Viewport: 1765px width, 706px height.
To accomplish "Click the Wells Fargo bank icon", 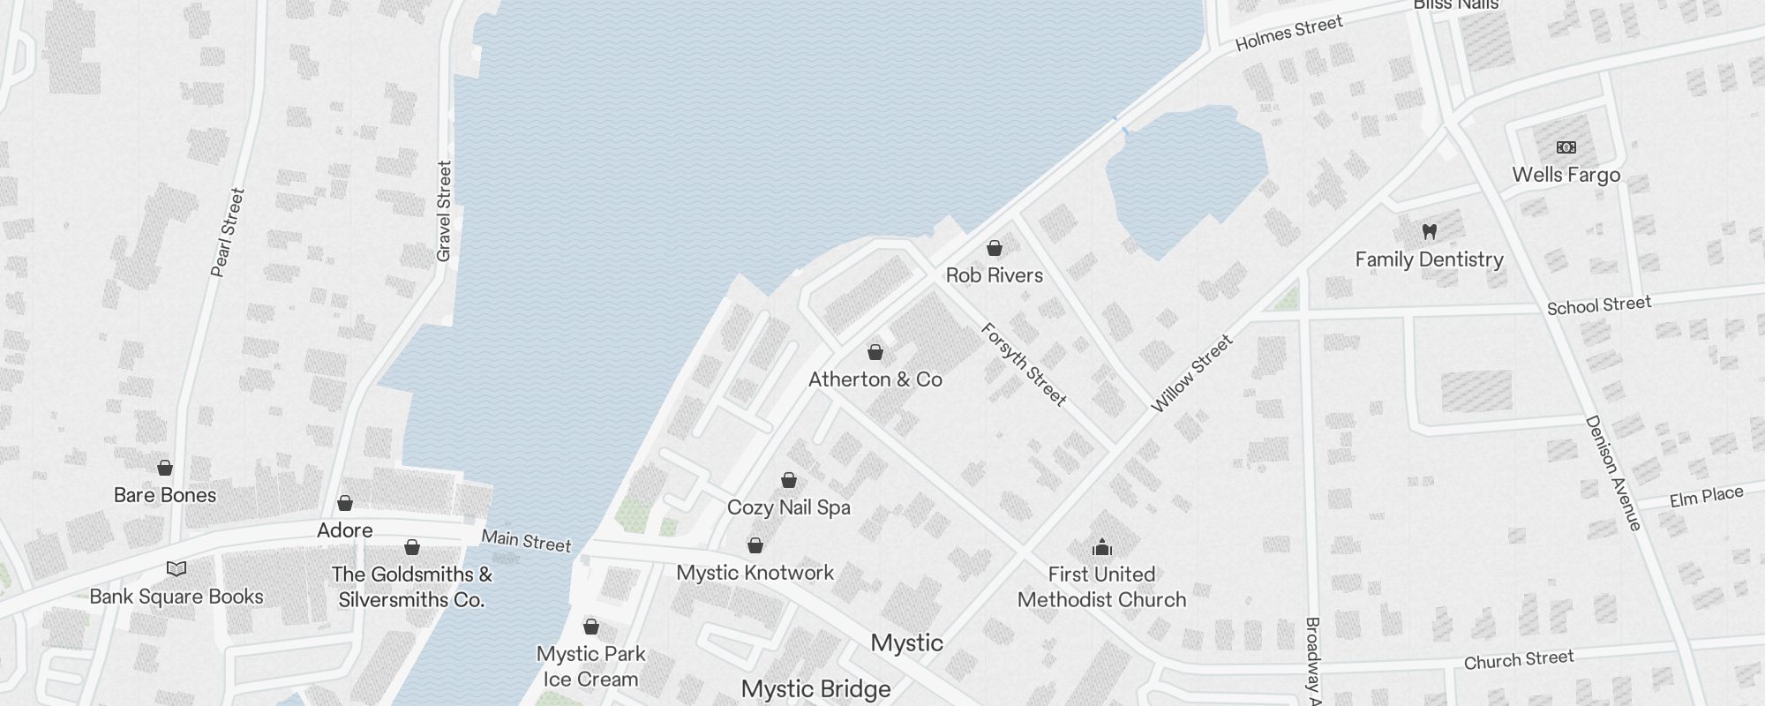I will click(1566, 147).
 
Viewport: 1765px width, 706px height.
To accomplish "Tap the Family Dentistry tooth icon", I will click(1430, 232).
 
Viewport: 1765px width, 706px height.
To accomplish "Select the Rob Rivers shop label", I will click(995, 275).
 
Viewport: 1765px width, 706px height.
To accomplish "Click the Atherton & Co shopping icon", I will click(875, 352).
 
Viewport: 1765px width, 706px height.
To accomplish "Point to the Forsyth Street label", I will click(1024, 364).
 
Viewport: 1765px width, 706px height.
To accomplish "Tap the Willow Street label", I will click(1191, 374).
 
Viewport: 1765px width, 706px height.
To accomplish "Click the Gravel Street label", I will click(444, 211).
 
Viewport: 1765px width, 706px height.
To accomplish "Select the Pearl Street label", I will click(227, 232).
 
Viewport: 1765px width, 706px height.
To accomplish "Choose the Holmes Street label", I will click(1288, 34).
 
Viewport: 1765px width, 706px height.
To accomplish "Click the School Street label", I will click(1598, 305).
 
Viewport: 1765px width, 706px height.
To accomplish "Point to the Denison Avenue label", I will click(1613, 473).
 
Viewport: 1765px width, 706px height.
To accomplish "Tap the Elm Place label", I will click(1706, 497).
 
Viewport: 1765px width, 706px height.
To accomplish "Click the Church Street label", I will click(1518, 660).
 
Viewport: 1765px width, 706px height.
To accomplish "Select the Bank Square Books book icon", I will click(176, 569).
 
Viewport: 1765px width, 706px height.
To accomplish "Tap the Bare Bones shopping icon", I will click(165, 468).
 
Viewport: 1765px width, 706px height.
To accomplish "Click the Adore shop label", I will click(345, 530).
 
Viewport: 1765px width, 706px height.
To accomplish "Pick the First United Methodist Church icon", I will click(1101, 547).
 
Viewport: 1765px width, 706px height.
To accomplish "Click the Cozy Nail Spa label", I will click(789, 507).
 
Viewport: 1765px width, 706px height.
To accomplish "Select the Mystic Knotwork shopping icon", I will click(755, 545).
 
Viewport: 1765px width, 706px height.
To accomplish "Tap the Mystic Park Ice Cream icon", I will click(591, 627).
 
